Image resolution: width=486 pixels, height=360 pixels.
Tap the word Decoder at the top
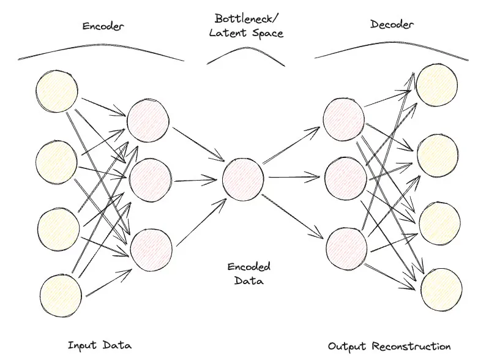coord(392,24)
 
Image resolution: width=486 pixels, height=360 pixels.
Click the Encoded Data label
coord(249,274)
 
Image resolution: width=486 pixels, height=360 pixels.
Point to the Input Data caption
coord(100,345)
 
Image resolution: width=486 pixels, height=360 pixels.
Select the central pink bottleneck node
coord(244,179)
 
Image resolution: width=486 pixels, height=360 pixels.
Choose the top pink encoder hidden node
coord(148,120)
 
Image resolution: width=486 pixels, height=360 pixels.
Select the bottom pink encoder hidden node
coord(150,247)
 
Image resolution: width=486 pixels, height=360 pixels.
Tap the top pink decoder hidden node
coord(343,118)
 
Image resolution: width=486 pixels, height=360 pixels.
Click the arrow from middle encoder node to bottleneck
coord(196,179)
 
